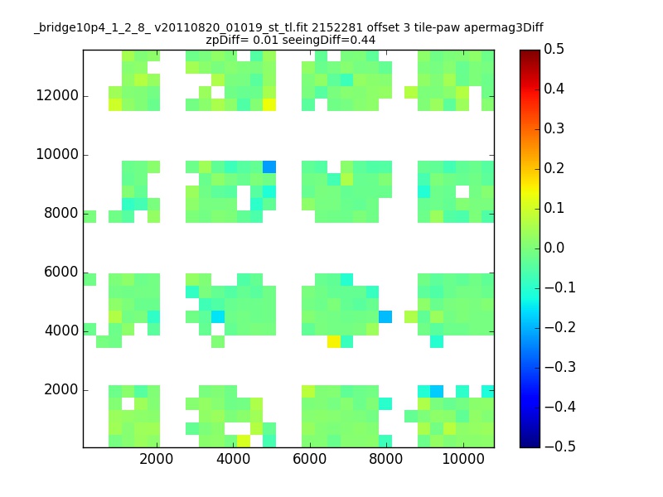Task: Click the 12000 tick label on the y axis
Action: coord(57,95)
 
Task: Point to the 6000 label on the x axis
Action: coord(309,459)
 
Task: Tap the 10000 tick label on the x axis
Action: coord(463,459)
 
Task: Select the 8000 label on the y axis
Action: coord(61,213)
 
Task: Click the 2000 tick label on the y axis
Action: coord(61,389)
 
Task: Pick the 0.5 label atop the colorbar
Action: coord(554,49)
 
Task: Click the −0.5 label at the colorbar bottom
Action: coord(560,446)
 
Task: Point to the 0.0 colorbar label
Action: coord(554,247)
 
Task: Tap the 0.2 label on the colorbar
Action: coord(554,168)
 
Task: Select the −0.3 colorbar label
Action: coord(560,367)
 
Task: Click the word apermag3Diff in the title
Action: coord(503,28)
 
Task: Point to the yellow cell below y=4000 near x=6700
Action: coord(334,341)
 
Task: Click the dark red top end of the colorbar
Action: coord(530,52)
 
